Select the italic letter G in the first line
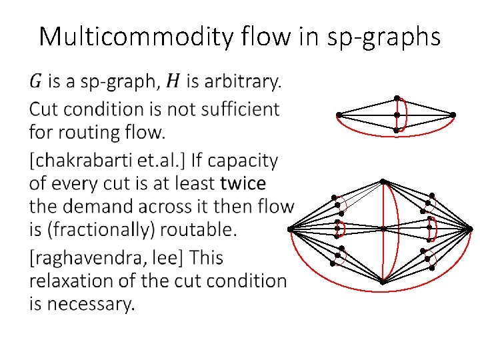click(36, 82)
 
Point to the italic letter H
click(173, 82)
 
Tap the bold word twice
click(243, 183)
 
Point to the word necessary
click(95, 305)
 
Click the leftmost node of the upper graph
click(339, 115)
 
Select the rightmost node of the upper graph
click(453, 115)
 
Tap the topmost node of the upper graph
click(397, 98)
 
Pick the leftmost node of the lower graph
click(290, 229)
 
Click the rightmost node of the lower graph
click(470, 229)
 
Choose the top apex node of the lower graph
click(383, 181)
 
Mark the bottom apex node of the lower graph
click(383, 282)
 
